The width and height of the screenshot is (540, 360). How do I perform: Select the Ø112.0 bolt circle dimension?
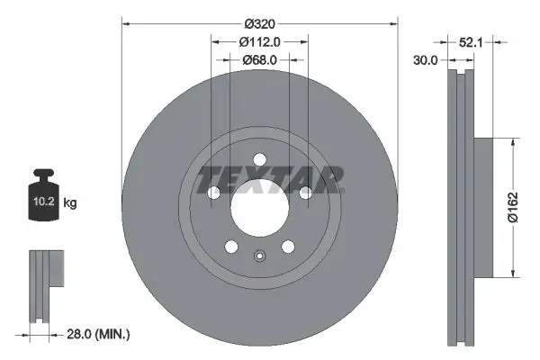259,41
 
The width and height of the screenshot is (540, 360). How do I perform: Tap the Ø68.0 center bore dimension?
259,60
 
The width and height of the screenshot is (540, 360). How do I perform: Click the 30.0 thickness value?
425,60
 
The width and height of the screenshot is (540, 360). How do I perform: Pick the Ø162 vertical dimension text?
524,207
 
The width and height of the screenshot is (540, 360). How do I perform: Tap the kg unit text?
70,203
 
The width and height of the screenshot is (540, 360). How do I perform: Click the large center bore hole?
259,208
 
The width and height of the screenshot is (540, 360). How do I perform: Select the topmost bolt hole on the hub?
259,160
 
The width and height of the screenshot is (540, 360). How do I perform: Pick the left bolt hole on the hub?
213,193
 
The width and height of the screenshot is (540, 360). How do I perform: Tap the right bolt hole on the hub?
305,193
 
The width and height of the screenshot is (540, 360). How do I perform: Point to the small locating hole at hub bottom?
259,256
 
